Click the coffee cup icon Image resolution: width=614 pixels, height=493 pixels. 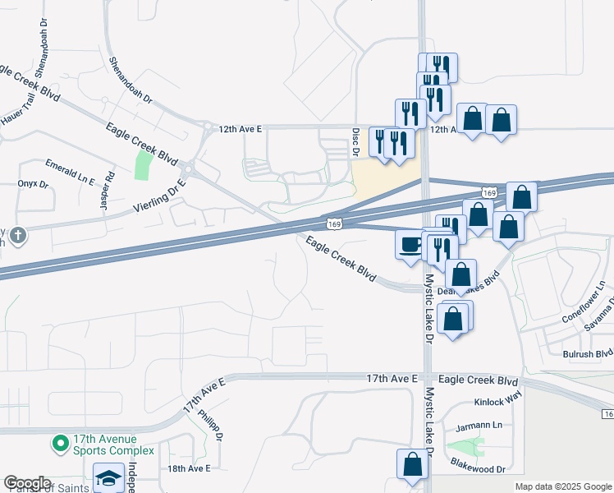(x=410, y=244)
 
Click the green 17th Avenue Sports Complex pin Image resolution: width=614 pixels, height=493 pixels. (x=60, y=445)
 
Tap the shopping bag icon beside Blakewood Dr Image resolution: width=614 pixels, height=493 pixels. (x=412, y=464)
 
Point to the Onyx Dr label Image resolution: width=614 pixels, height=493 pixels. (x=33, y=183)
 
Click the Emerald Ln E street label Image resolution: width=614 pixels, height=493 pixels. (x=70, y=171)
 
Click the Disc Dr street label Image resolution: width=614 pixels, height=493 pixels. (x=356, y=141)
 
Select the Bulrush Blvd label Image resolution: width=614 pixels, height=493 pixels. (x=588, y=353)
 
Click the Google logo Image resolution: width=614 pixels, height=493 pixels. (x=27, y=483)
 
